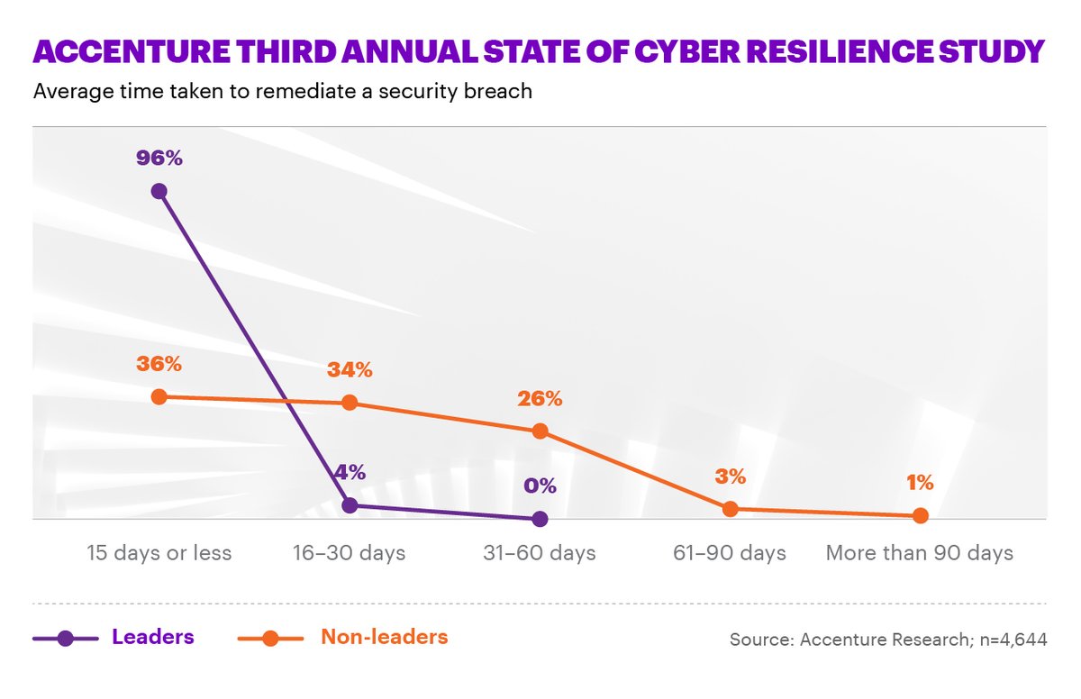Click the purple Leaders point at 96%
(x=159, y=190)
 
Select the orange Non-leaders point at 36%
(x=159, y=396)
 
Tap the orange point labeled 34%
(x=350, y=403)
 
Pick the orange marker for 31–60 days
(x=540, y=431)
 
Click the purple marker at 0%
(x=540, y=519)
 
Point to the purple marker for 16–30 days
(x=350, y=505)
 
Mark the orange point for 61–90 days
(x=730, y=509)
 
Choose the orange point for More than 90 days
(x=920, y=516)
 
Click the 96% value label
(x=159, y=159)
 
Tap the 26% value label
(x=540, y=399)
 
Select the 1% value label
(x=920, y=483)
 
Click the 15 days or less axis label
(x=159, y=552)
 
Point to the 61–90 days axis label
(x=730, y=552)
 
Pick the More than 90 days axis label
(x=920, y=552)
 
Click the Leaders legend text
(x=153, y=637)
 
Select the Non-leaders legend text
(x=384, y=637)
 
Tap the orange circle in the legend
(x=269, y=639)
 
